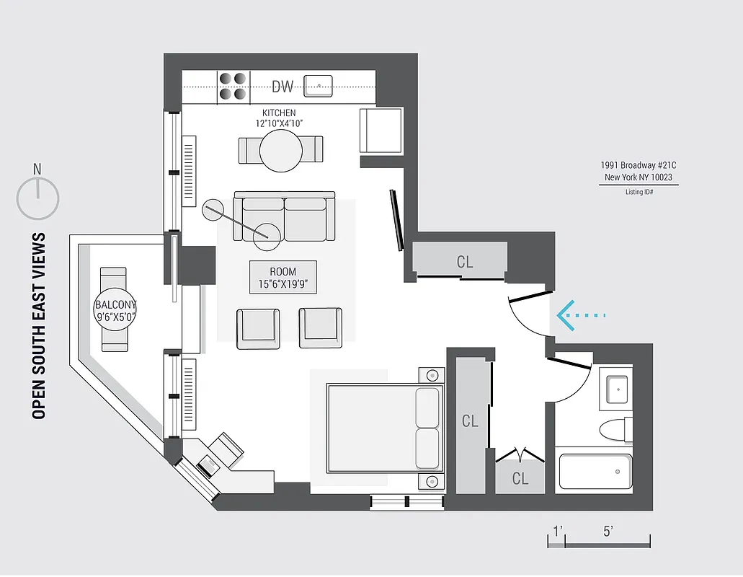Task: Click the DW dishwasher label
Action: click(282, 87)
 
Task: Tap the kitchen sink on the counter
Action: click(317, 85)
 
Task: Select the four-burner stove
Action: click(233, 86)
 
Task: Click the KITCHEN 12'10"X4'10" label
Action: click(278, 118)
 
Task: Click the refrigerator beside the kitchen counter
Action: click(381, 130)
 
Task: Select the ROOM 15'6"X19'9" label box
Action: click(282, 277)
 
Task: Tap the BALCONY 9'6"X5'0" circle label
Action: click(115, 310)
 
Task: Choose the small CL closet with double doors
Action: click(520, 477)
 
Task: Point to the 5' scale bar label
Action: click(608, 532)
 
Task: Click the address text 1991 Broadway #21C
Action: click(639, 164)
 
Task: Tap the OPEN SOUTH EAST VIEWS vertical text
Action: click(40, 325)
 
